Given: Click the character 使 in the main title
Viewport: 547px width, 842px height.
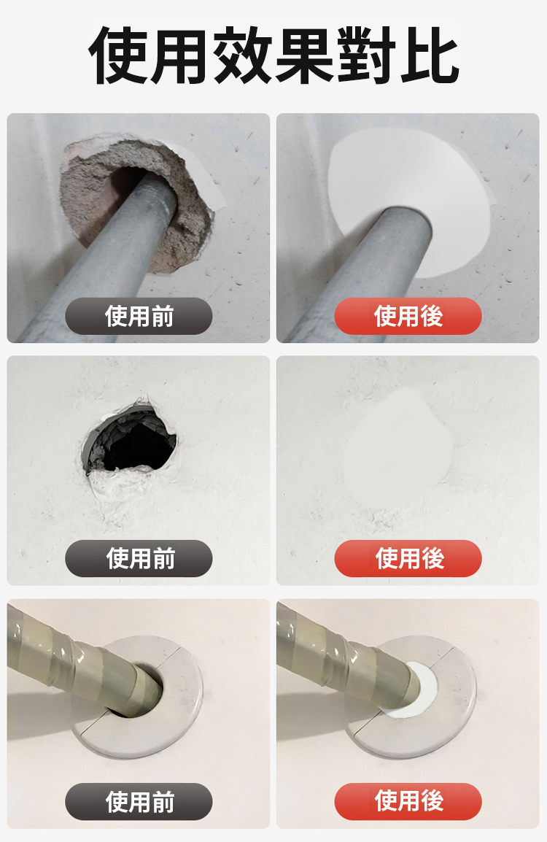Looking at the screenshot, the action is point(118,55).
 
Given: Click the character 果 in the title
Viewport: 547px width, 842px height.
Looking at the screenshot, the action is point(304,55).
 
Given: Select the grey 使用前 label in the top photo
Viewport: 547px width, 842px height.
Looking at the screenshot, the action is point(139,316).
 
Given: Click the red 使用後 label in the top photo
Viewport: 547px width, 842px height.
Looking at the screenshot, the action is point(408,316).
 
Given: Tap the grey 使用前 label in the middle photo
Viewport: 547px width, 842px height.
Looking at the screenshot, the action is point(139,558).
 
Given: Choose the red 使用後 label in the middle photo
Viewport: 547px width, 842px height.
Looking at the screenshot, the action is point(408,558).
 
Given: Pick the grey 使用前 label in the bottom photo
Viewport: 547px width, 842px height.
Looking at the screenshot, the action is point(139,801).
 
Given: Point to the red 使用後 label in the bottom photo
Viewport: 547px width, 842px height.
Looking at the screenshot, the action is point(408,801).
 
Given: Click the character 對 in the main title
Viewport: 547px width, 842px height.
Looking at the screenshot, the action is point(367,55).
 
